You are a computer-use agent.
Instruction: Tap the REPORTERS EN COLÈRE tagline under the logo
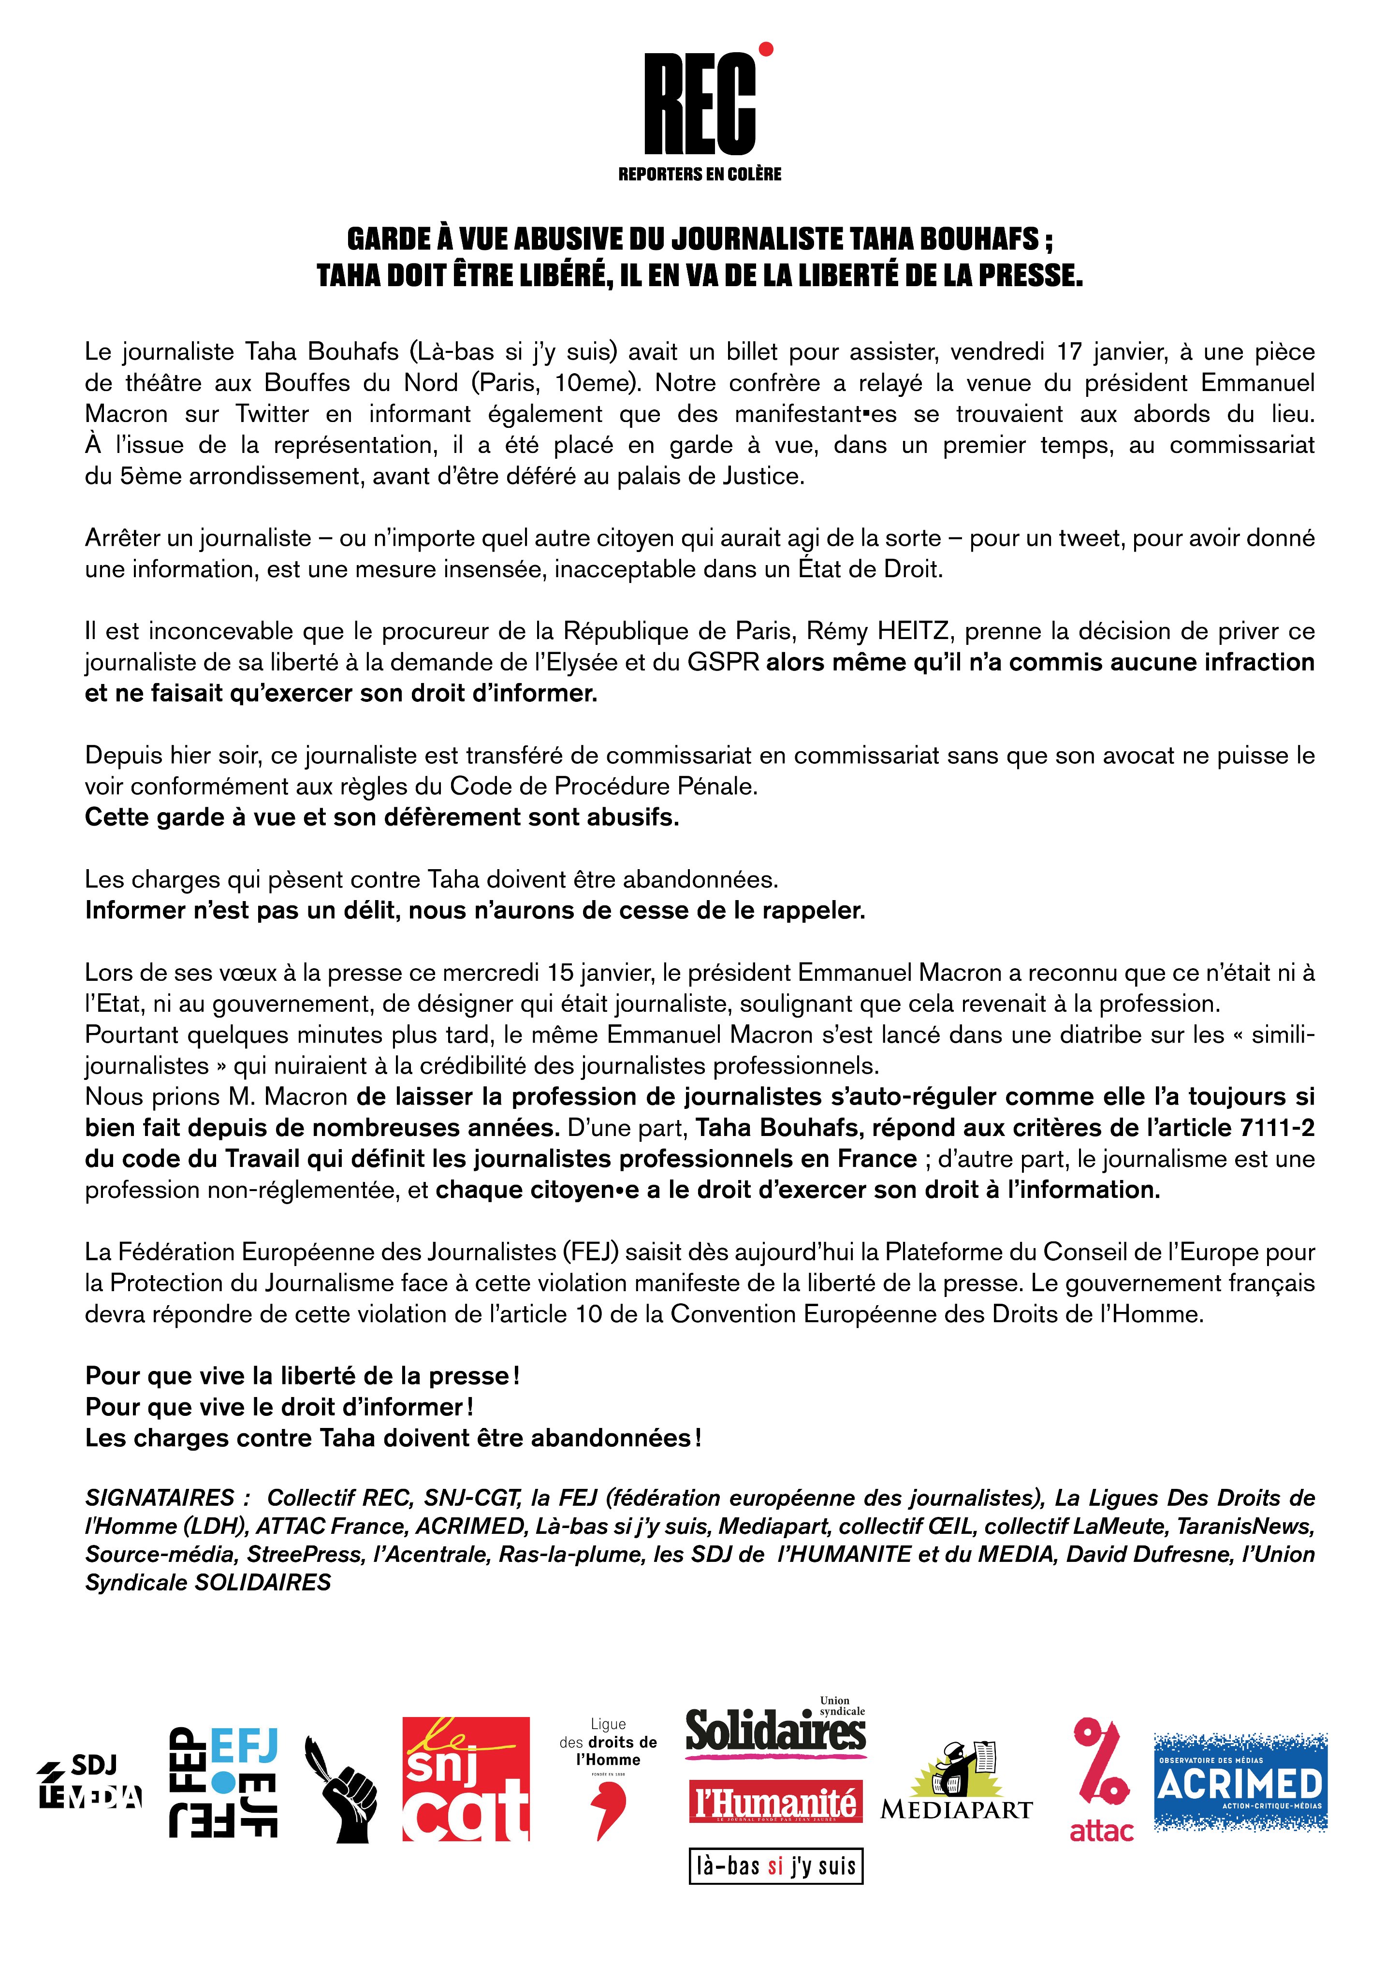click(700, 174)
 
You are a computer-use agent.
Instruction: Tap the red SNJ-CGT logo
click(466, 1778)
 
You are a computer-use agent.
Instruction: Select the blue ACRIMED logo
click(1240, 1782)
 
